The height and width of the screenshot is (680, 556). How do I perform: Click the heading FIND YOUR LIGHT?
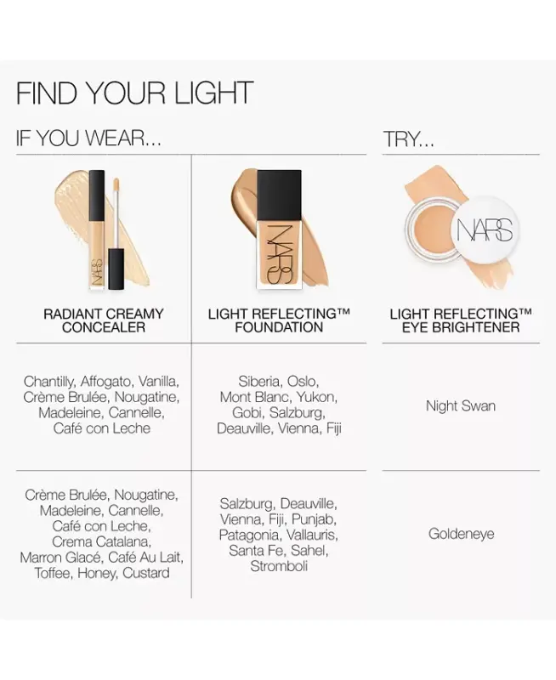coord(134,93)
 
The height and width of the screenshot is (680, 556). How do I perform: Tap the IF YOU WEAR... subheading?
coord(88,139)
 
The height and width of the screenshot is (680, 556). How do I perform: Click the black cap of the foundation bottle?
coord(279,192)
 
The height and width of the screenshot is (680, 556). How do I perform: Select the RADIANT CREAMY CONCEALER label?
coord(104,320)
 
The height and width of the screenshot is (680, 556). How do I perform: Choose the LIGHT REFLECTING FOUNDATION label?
coord(279,320)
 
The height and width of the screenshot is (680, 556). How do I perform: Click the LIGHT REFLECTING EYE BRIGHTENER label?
coord(460,320)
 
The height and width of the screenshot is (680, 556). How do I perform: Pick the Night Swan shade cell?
coord(460,406)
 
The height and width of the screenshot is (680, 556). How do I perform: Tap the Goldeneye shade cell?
coord(461,534)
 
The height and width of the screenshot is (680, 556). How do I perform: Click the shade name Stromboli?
coord(279,566)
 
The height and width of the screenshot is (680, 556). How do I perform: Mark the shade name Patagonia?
coord(248,535)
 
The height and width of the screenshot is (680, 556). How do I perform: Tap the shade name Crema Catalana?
coord(101,541)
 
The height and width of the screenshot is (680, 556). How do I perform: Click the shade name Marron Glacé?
coord(60,558)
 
